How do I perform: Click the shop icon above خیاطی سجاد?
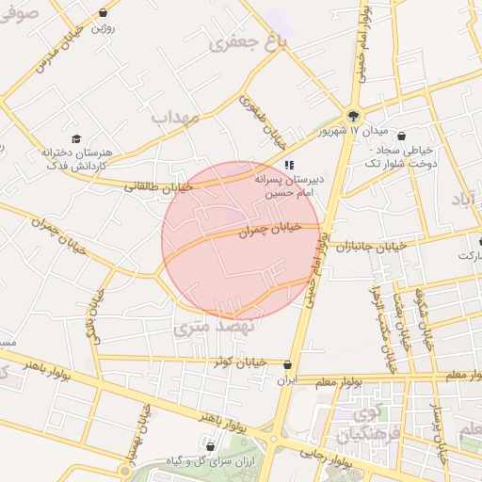(402, 135)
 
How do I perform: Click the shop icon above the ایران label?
(287, 365)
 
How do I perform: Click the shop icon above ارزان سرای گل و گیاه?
(209, 446)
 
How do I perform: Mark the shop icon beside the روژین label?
(102, 15)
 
